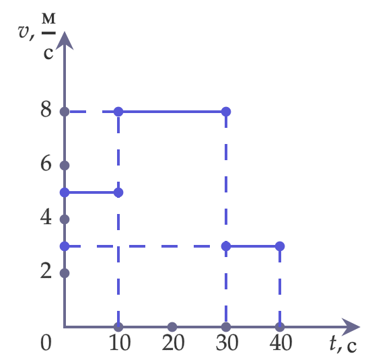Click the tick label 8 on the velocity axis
46,109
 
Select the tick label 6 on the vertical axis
46,163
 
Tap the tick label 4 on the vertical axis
46,217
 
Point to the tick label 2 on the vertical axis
46,271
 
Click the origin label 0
46,343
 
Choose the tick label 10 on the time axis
120,343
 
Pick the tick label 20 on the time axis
173,343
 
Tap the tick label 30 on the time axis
227,343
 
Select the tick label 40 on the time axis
281,343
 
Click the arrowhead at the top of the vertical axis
65,40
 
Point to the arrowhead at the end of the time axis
351,327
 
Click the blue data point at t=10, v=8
118,112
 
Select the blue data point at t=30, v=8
226,112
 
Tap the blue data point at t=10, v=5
118,192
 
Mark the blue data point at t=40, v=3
280,246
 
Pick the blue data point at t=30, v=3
226,246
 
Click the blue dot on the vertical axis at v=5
65,192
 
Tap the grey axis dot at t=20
172,327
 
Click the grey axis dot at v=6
65,166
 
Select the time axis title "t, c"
343,344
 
